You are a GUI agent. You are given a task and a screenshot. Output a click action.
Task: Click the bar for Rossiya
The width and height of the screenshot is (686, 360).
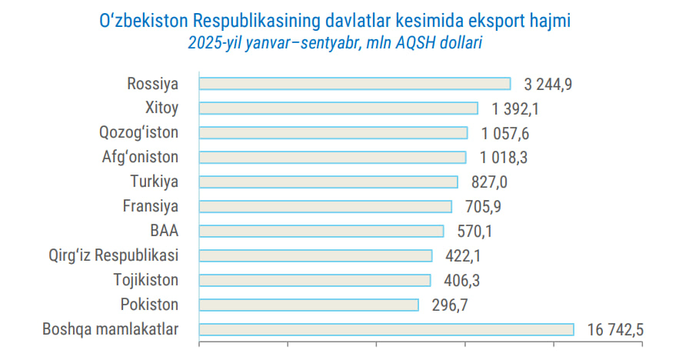[355, 84]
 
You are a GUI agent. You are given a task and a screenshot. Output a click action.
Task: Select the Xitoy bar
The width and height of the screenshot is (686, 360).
[338, 108]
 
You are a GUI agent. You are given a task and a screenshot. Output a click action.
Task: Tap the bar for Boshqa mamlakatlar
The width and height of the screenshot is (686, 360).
[386, 330]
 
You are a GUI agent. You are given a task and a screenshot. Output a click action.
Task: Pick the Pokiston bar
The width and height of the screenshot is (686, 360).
[308, 305]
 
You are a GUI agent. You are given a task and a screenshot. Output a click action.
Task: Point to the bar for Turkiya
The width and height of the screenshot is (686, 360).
[328, 182]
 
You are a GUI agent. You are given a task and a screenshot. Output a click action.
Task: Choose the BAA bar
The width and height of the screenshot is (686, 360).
[321, 232]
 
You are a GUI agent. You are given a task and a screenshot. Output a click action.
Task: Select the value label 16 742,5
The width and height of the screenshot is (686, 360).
[615, 331]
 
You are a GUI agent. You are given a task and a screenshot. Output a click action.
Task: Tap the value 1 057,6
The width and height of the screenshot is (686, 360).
[505, 134]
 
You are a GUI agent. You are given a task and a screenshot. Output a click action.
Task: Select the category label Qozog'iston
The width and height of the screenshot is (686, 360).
[138, 133]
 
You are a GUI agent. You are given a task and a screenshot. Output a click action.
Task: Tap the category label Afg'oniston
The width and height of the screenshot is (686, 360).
[140, 158]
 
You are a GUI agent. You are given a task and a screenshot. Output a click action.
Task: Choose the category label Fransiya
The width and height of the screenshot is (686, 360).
[151, 207]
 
